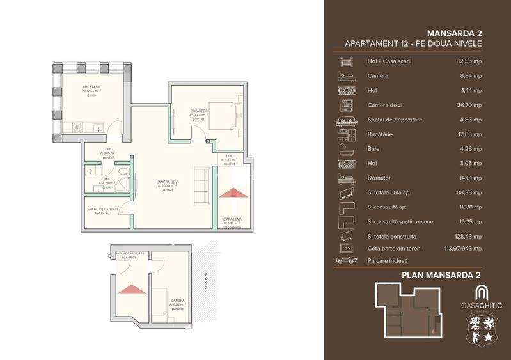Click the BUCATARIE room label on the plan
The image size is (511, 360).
91,86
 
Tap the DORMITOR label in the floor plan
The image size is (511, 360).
199,111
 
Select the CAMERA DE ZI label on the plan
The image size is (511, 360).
168,182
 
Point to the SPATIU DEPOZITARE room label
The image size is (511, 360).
102,209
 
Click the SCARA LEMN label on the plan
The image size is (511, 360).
232,219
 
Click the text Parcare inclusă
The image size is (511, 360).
388,260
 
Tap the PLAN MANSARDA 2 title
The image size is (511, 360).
441,275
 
